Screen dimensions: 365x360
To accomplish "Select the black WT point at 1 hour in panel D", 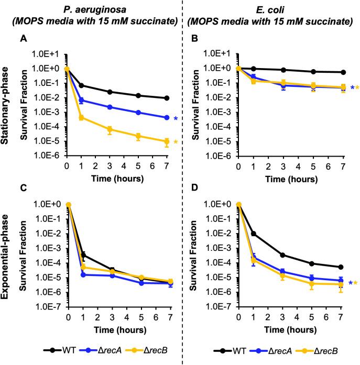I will click(254, 234).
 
